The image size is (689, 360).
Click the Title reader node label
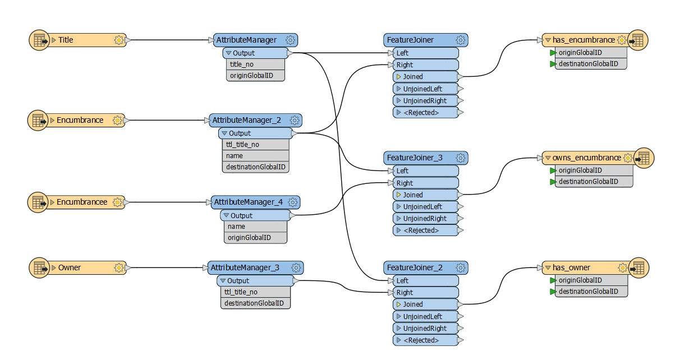pos(66,40)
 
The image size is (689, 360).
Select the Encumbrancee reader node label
pos(81,202)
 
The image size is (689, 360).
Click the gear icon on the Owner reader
pos(118,267)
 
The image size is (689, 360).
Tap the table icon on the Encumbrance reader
pos(39,120)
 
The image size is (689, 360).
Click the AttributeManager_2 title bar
pos(246,120)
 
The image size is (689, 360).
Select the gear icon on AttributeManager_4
pos(293,202)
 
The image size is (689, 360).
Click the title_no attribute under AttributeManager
pos(242,64)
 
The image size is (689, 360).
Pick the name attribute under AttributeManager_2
pos(235,156)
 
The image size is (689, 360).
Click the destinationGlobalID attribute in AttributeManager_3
pos(254,303)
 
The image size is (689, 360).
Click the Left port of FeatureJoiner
pos(402,53)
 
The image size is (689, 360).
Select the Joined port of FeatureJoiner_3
pos(413,195)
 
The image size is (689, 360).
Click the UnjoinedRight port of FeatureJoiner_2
pos(425,329)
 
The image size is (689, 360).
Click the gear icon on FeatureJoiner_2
pos(461,267)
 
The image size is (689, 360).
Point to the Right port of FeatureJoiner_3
pos(405,183)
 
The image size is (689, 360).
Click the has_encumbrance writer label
pos(584,40)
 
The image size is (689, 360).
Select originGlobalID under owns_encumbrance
pos(580,170)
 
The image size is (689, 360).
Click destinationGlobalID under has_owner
pos(587,292)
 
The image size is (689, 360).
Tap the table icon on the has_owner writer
pos(638,267)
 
